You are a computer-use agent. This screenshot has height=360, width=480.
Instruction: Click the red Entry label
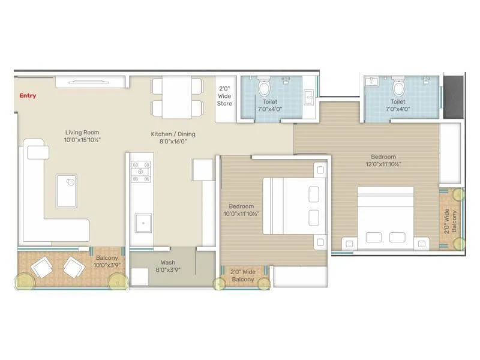[x=28, y=95]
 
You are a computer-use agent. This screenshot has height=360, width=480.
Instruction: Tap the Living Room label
[x=82, y=136]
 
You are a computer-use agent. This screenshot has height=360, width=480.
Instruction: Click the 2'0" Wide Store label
[x=224, y=96]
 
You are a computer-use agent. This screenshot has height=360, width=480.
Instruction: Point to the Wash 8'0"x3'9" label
[x=167, y=266]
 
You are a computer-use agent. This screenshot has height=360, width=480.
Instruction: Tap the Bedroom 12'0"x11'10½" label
[x=382, y=160]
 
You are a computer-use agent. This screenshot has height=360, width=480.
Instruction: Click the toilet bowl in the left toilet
[x=263, y=88]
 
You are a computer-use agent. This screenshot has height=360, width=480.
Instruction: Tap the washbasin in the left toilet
[x=310, y=95]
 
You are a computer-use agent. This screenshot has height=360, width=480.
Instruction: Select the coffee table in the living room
[x=67, y=190]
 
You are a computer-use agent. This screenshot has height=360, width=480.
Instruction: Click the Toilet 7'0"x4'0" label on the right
[x=398, y=106]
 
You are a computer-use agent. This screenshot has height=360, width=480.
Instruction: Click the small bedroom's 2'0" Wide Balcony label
[x=242, y=275]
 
